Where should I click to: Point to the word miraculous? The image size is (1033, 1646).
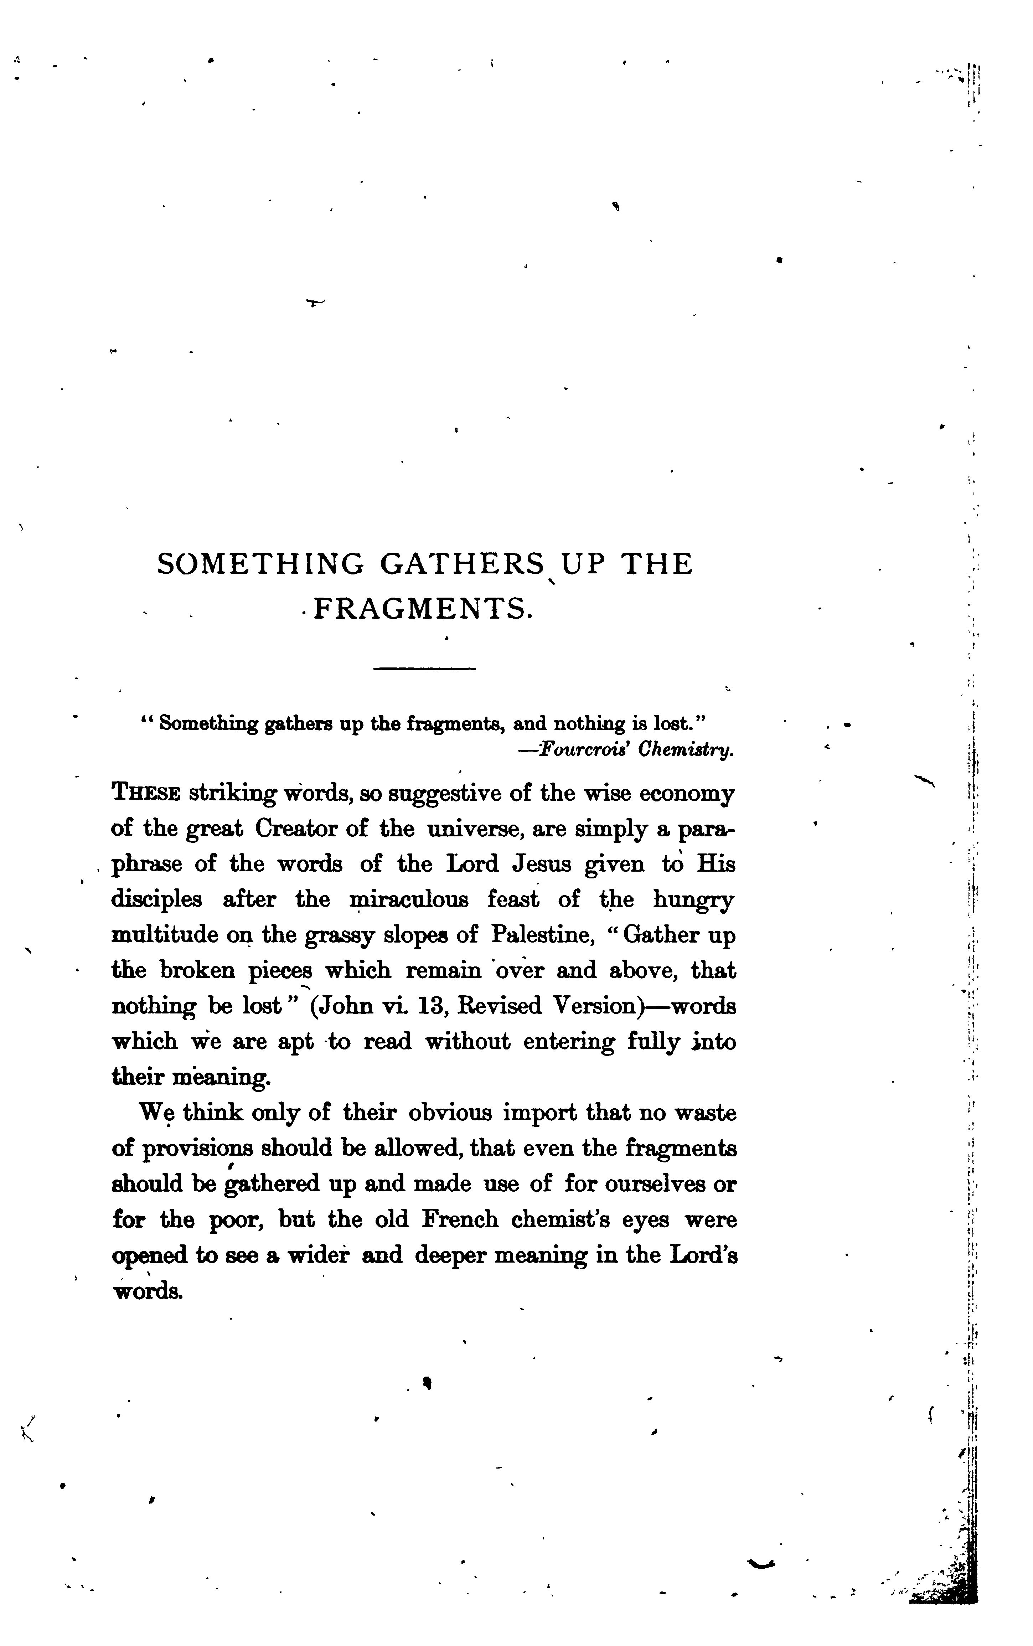(x=409, y=901)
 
